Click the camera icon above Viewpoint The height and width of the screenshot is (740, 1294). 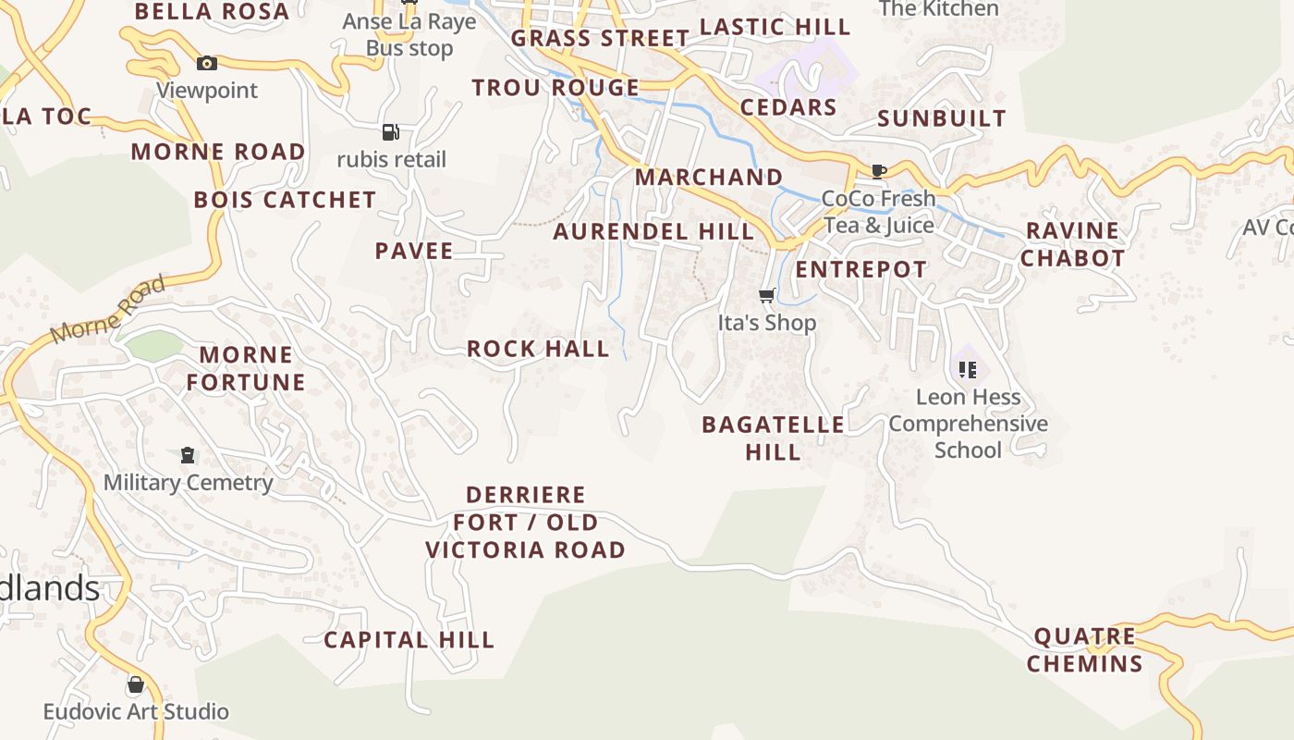click(x=207, y=63)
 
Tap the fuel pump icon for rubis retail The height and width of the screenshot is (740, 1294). click(x=391, y=132)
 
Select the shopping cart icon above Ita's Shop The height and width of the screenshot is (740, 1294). click(x=766, y=296)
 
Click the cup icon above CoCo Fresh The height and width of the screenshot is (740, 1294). click(x=879, y=171)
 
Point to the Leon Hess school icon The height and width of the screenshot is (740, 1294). click(x=968, y=370)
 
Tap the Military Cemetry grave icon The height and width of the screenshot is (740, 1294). click(x=188, y=455)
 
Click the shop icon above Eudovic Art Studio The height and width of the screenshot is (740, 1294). click(x=136, y=684)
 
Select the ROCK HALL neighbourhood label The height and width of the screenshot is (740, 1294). click(x=538, y=349)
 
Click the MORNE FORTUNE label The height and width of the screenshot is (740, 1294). click(x=246, y=368)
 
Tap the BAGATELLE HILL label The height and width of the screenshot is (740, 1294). click(x=773, y=438)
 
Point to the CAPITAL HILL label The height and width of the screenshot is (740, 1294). click(x=409, y=639)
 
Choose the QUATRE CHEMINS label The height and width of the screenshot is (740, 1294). click(x=1084, y=649)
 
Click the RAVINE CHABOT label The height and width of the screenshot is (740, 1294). click(x=1072, y=244)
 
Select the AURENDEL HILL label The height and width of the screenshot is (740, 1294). click(x=653, y=231)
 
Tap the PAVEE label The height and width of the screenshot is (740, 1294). click(x=414, y=251)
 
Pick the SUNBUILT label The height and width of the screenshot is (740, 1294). click(x=941, y=118)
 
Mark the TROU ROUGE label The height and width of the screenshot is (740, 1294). click(x=555, y=88)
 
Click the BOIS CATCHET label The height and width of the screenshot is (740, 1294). click(x=285, y=200)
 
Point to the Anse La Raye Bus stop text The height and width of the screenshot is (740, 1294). click(x=409, y=34)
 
